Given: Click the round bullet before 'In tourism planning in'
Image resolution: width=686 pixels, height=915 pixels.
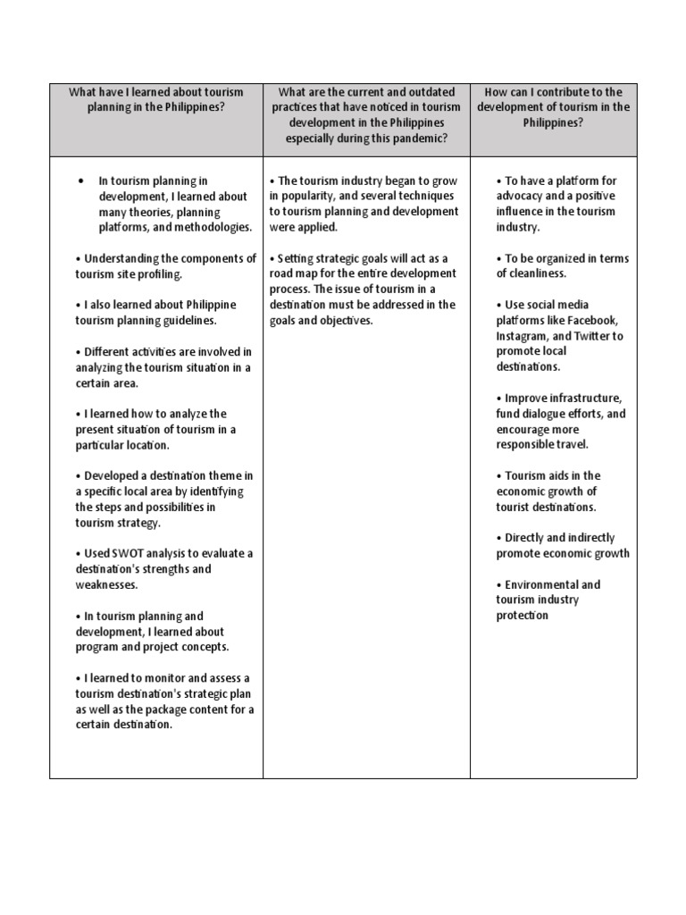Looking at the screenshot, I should pyautogui.click(x=81, y=180).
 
